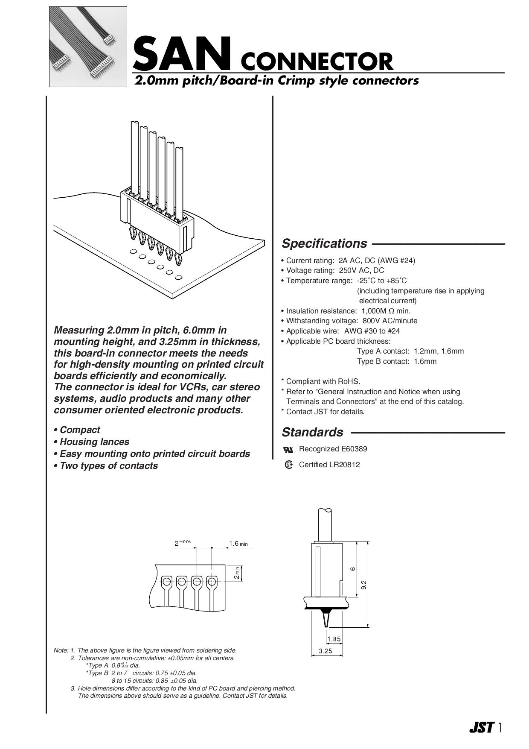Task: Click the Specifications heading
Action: click(324, 243)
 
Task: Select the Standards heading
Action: click(312, 432)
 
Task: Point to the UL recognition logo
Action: click(288, 450)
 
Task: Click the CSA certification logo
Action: click(289, 465)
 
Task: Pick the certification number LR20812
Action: click(344, 465)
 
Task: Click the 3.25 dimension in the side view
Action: click(326, 651)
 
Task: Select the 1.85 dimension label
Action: click(334, 639)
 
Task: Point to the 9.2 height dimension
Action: click(363, 585)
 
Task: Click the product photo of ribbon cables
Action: click(88, 47)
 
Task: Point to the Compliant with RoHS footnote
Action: click(323, 381)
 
